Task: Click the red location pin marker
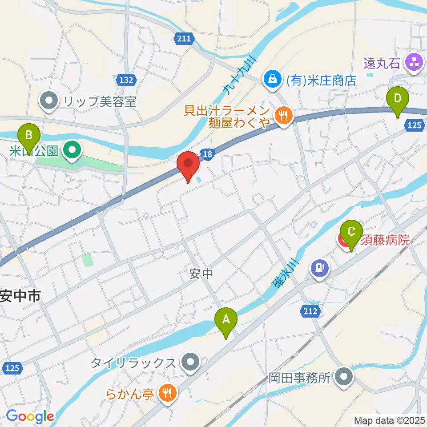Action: coord(188,165)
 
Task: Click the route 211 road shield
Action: coord(183,39)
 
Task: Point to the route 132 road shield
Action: coord(126,80)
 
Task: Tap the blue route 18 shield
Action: coord(208,154)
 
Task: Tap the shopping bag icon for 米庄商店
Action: coord(271,80)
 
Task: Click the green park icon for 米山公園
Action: coord(72,151)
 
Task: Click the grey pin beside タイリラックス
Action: coord(191,363)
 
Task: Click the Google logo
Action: coord(30,416)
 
